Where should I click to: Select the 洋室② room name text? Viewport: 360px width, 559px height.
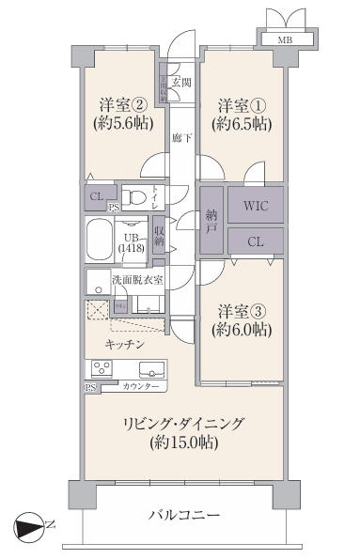pyautogui.click(x=121, y=103)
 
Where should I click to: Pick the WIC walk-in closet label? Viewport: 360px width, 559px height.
pyautogui.click(x=255, y=203)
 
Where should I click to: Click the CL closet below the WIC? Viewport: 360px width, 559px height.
pyautogui.click(x=255, y=241)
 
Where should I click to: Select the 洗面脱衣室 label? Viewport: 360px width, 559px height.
pyautogui.click(x=138, y=279)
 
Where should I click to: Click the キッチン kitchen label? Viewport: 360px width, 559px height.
pyautogui.click(x=124, y=345)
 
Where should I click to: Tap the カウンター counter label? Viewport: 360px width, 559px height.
pyautogui.click(x=140, y=387)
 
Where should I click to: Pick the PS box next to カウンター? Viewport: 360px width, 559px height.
pyautogui.click(x=91, y=387)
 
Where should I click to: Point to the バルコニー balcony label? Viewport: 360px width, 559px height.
pyautogui.click(x=184, y=515)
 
